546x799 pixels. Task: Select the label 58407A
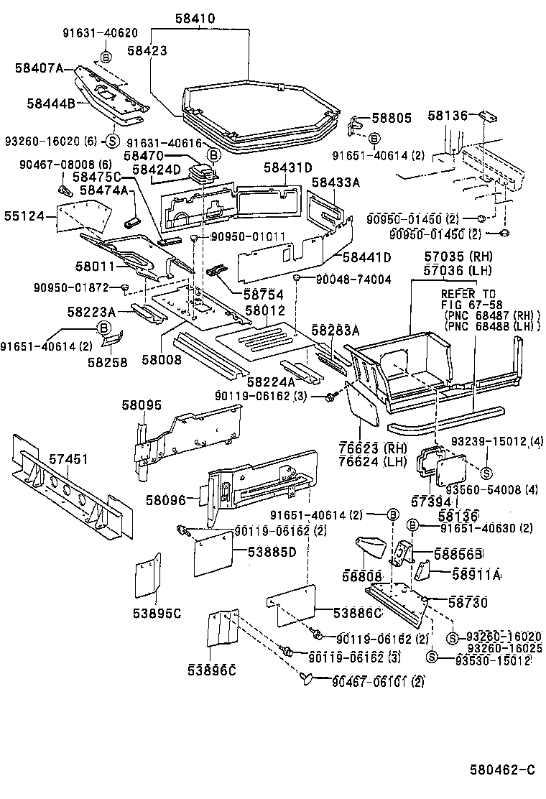(40, 68)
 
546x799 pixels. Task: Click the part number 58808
(362, 576)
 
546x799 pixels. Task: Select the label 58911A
(476, 575)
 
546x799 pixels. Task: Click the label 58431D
(287, 168)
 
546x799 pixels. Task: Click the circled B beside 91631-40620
(106, 56)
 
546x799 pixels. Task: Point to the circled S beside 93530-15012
(432, 656)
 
